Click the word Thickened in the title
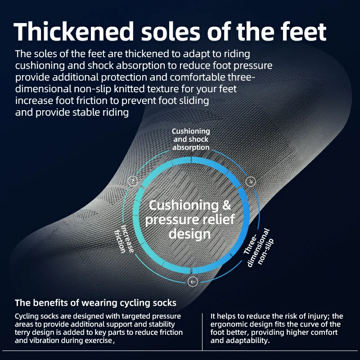[x=74, y=31]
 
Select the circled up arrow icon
[x=133, y=181]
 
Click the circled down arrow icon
[x=251, y=181]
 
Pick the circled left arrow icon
[x=193, y=282]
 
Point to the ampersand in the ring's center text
[x=226, y=205]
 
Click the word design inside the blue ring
[x=189, y=234]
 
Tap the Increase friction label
[x=124, y=239]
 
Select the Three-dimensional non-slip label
[x=258, y=248]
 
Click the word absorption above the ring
[x=191, y=147]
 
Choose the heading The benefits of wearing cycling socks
[x=95, y=303]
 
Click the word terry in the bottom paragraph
[x=22, y=332]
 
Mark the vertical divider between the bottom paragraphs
[x=202, y=332]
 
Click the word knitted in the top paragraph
[x=129, y=89]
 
